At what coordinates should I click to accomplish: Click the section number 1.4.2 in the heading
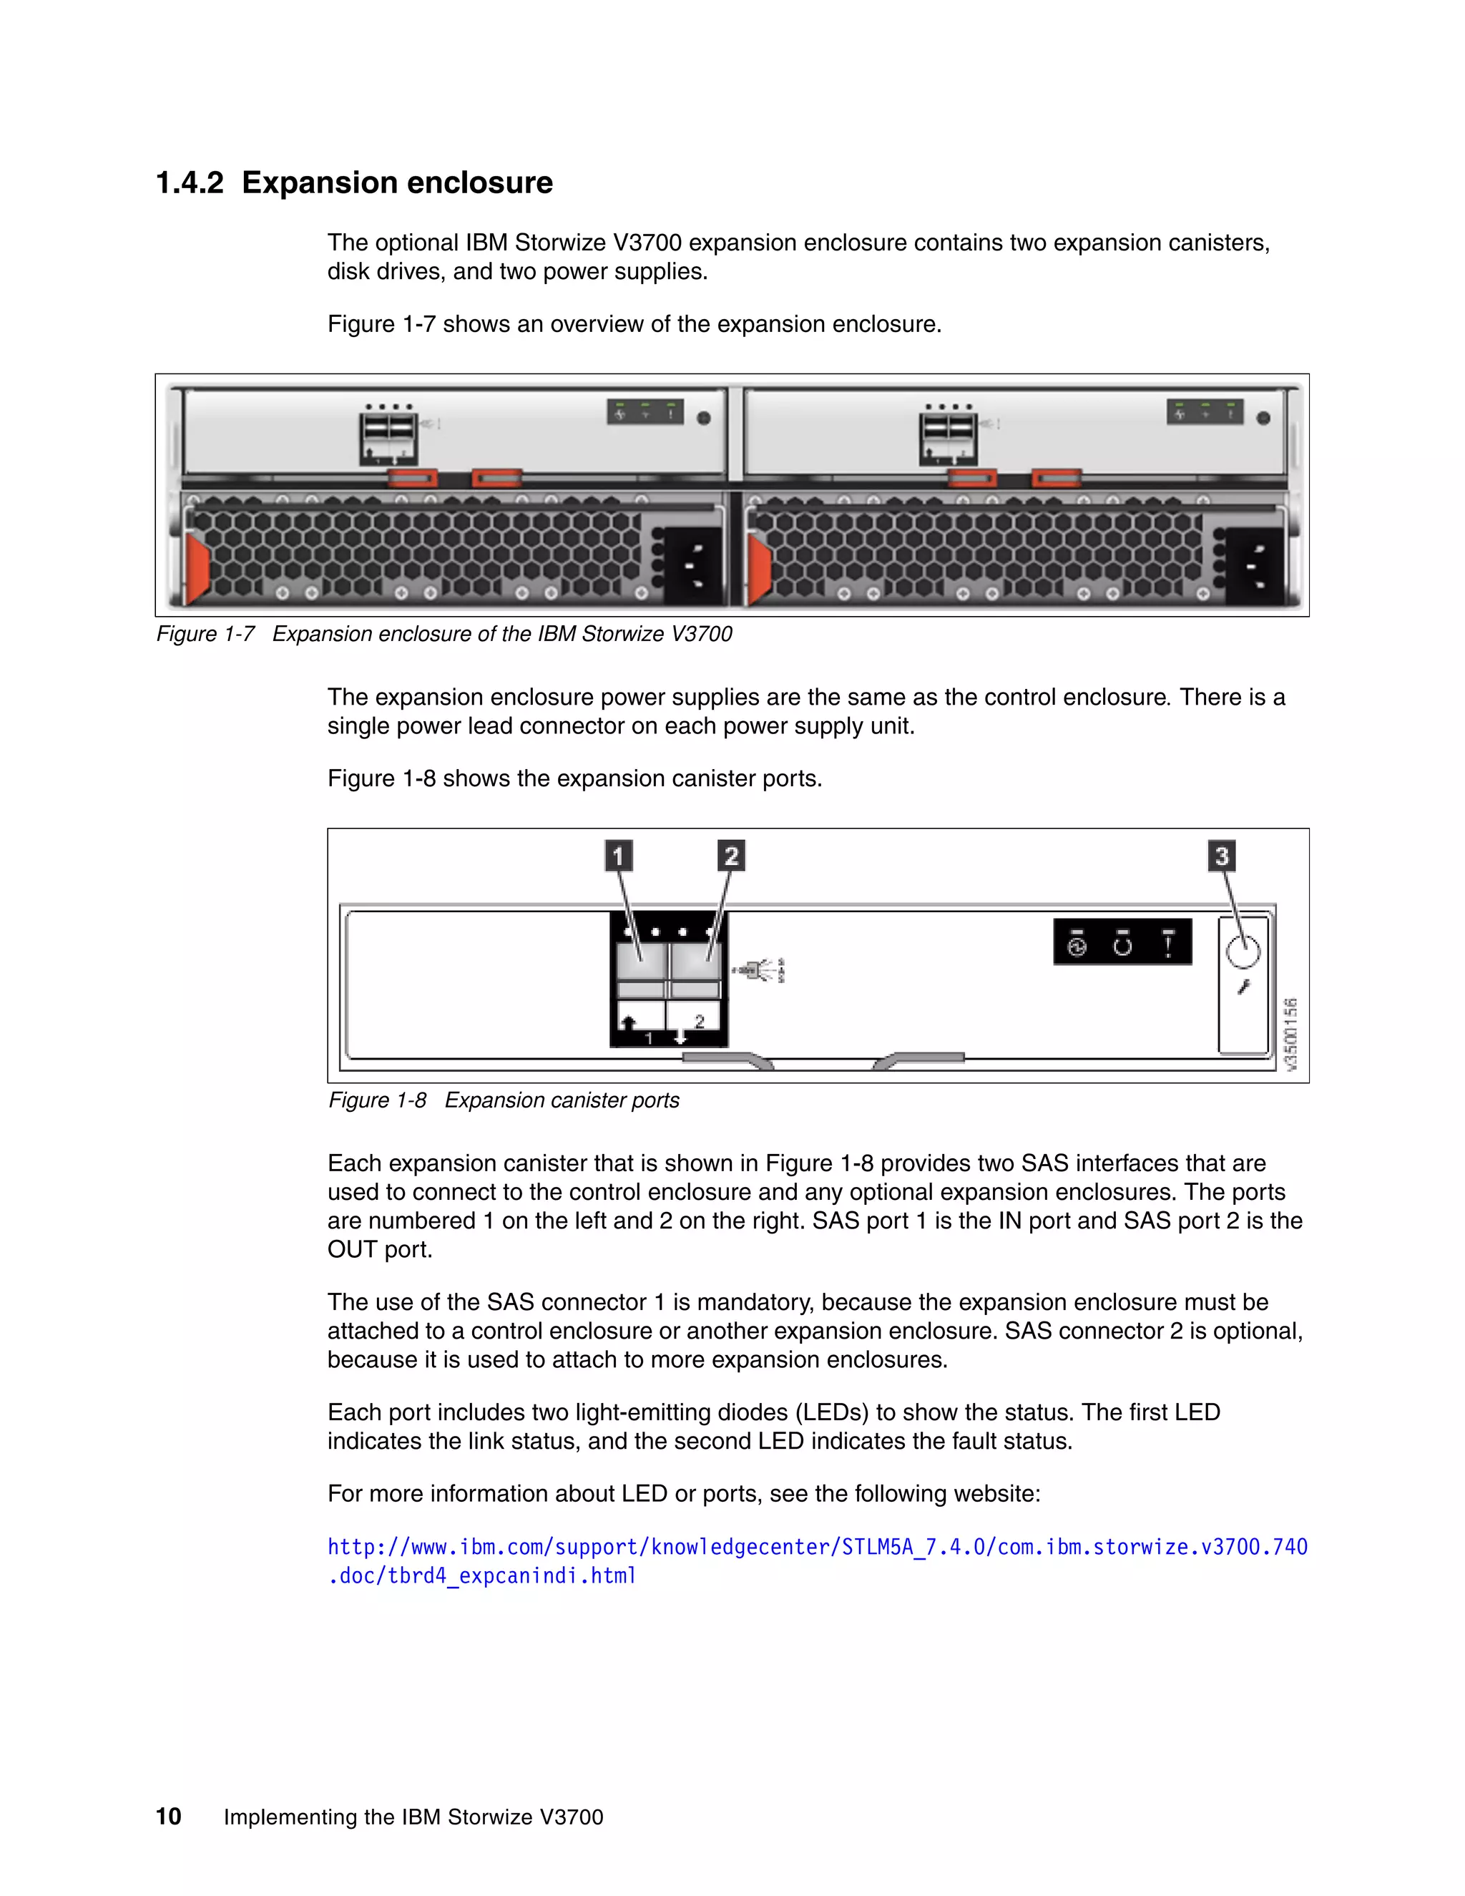189,183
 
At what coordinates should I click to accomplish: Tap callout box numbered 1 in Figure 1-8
618,856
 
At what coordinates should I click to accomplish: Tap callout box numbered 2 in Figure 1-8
731,856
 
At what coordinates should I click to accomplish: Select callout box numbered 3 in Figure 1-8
1222,856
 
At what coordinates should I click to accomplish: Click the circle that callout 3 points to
1243,952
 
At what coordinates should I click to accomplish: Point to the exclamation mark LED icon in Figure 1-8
1168,943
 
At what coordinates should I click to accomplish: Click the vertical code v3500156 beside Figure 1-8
1290,1033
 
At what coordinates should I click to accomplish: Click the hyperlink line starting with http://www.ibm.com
817,1547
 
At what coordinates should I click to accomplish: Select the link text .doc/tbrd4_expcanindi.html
481,1575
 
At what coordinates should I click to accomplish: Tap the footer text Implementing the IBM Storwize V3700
413,1817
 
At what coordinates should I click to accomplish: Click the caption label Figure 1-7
205,634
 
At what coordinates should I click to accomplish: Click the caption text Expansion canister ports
562,1100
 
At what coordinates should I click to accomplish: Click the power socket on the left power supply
692,565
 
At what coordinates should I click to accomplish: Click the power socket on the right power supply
1254,565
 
